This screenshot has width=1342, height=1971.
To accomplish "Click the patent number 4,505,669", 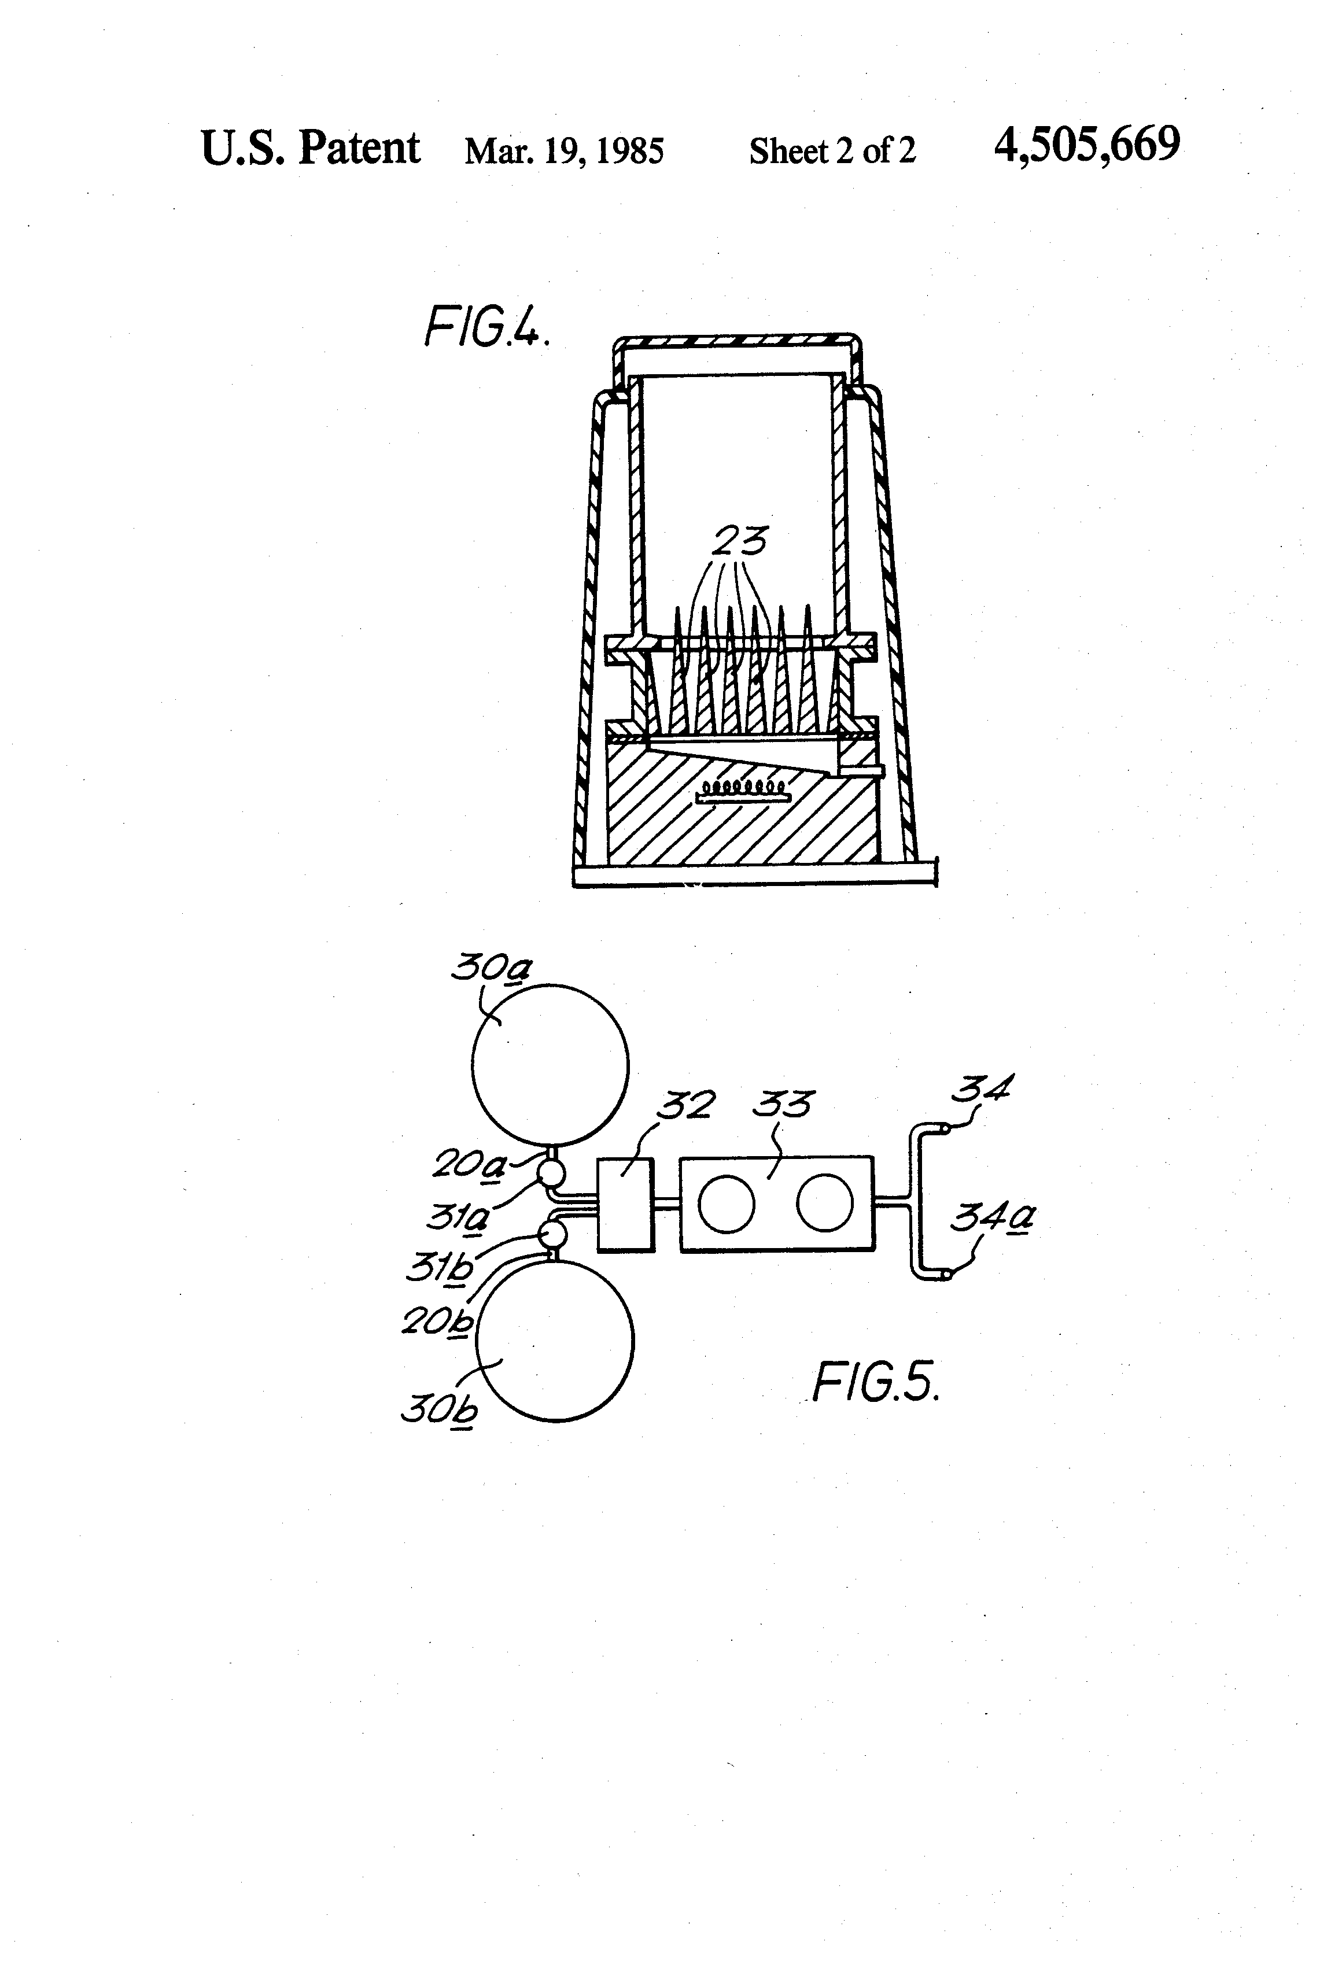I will tap(1087, 145).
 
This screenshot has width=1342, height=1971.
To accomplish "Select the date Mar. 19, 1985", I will tap(564, 151).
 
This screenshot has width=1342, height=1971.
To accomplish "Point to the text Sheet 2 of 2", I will tap(832, 151).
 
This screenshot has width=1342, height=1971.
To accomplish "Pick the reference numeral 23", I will tap(740, 540).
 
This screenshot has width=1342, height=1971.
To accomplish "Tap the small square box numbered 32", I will tap(625, 1204).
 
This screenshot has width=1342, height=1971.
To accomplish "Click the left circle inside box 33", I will tap(728, 1204).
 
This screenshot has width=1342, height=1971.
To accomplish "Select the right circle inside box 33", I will tap(824, 1202).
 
